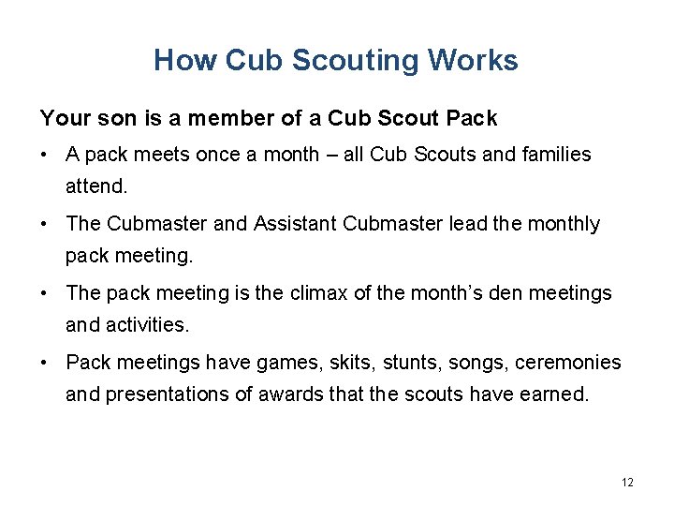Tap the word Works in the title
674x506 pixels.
pos(473,61)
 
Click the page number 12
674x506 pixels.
pos(627,482)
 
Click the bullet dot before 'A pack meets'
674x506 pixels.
pos(45,155)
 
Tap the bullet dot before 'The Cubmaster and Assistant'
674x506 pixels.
pos(45,224)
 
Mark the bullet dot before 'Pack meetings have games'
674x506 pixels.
pos(45,363)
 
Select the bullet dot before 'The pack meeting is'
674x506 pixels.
pos(45,293)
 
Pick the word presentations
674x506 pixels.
pos(168,394)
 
